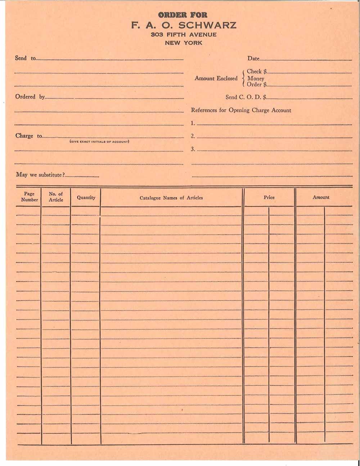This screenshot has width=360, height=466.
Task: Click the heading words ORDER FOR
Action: (183, 15)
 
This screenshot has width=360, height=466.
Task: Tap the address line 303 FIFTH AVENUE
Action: (184, 35)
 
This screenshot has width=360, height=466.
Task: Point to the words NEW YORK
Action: (184, 43)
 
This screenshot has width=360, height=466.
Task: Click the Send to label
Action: (25, 58)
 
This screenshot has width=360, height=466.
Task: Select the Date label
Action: (253, 58)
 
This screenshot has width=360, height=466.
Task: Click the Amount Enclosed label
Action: (216, 78)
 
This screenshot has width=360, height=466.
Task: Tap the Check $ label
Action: (257, 71)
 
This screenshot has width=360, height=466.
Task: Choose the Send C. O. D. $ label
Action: (246, 97)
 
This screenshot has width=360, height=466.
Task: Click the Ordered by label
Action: (30, 97)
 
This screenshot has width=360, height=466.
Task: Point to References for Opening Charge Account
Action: (241, 110)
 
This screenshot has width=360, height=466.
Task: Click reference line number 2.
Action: (193, 136)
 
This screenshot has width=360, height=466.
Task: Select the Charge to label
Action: (28, 136)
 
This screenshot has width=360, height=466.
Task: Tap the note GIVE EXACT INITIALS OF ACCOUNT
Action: (99, 142)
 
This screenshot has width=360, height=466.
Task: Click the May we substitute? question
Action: (40, 175)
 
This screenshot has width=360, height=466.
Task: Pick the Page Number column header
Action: (29, 197)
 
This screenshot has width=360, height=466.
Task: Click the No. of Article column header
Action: (56, 197)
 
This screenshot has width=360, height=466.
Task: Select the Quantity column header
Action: (86, 197)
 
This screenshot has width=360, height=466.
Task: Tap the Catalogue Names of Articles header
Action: (171, 198)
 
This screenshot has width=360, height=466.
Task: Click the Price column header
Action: (269, 197)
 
